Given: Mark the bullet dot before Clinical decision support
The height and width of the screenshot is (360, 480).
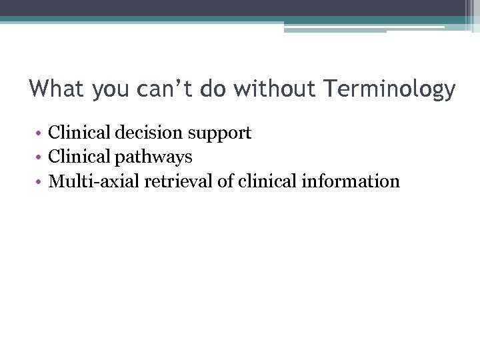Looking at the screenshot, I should (40, 134).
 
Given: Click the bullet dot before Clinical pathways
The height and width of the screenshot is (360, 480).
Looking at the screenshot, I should (40, 158).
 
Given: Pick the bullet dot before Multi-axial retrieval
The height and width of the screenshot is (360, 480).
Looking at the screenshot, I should (40, 182).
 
